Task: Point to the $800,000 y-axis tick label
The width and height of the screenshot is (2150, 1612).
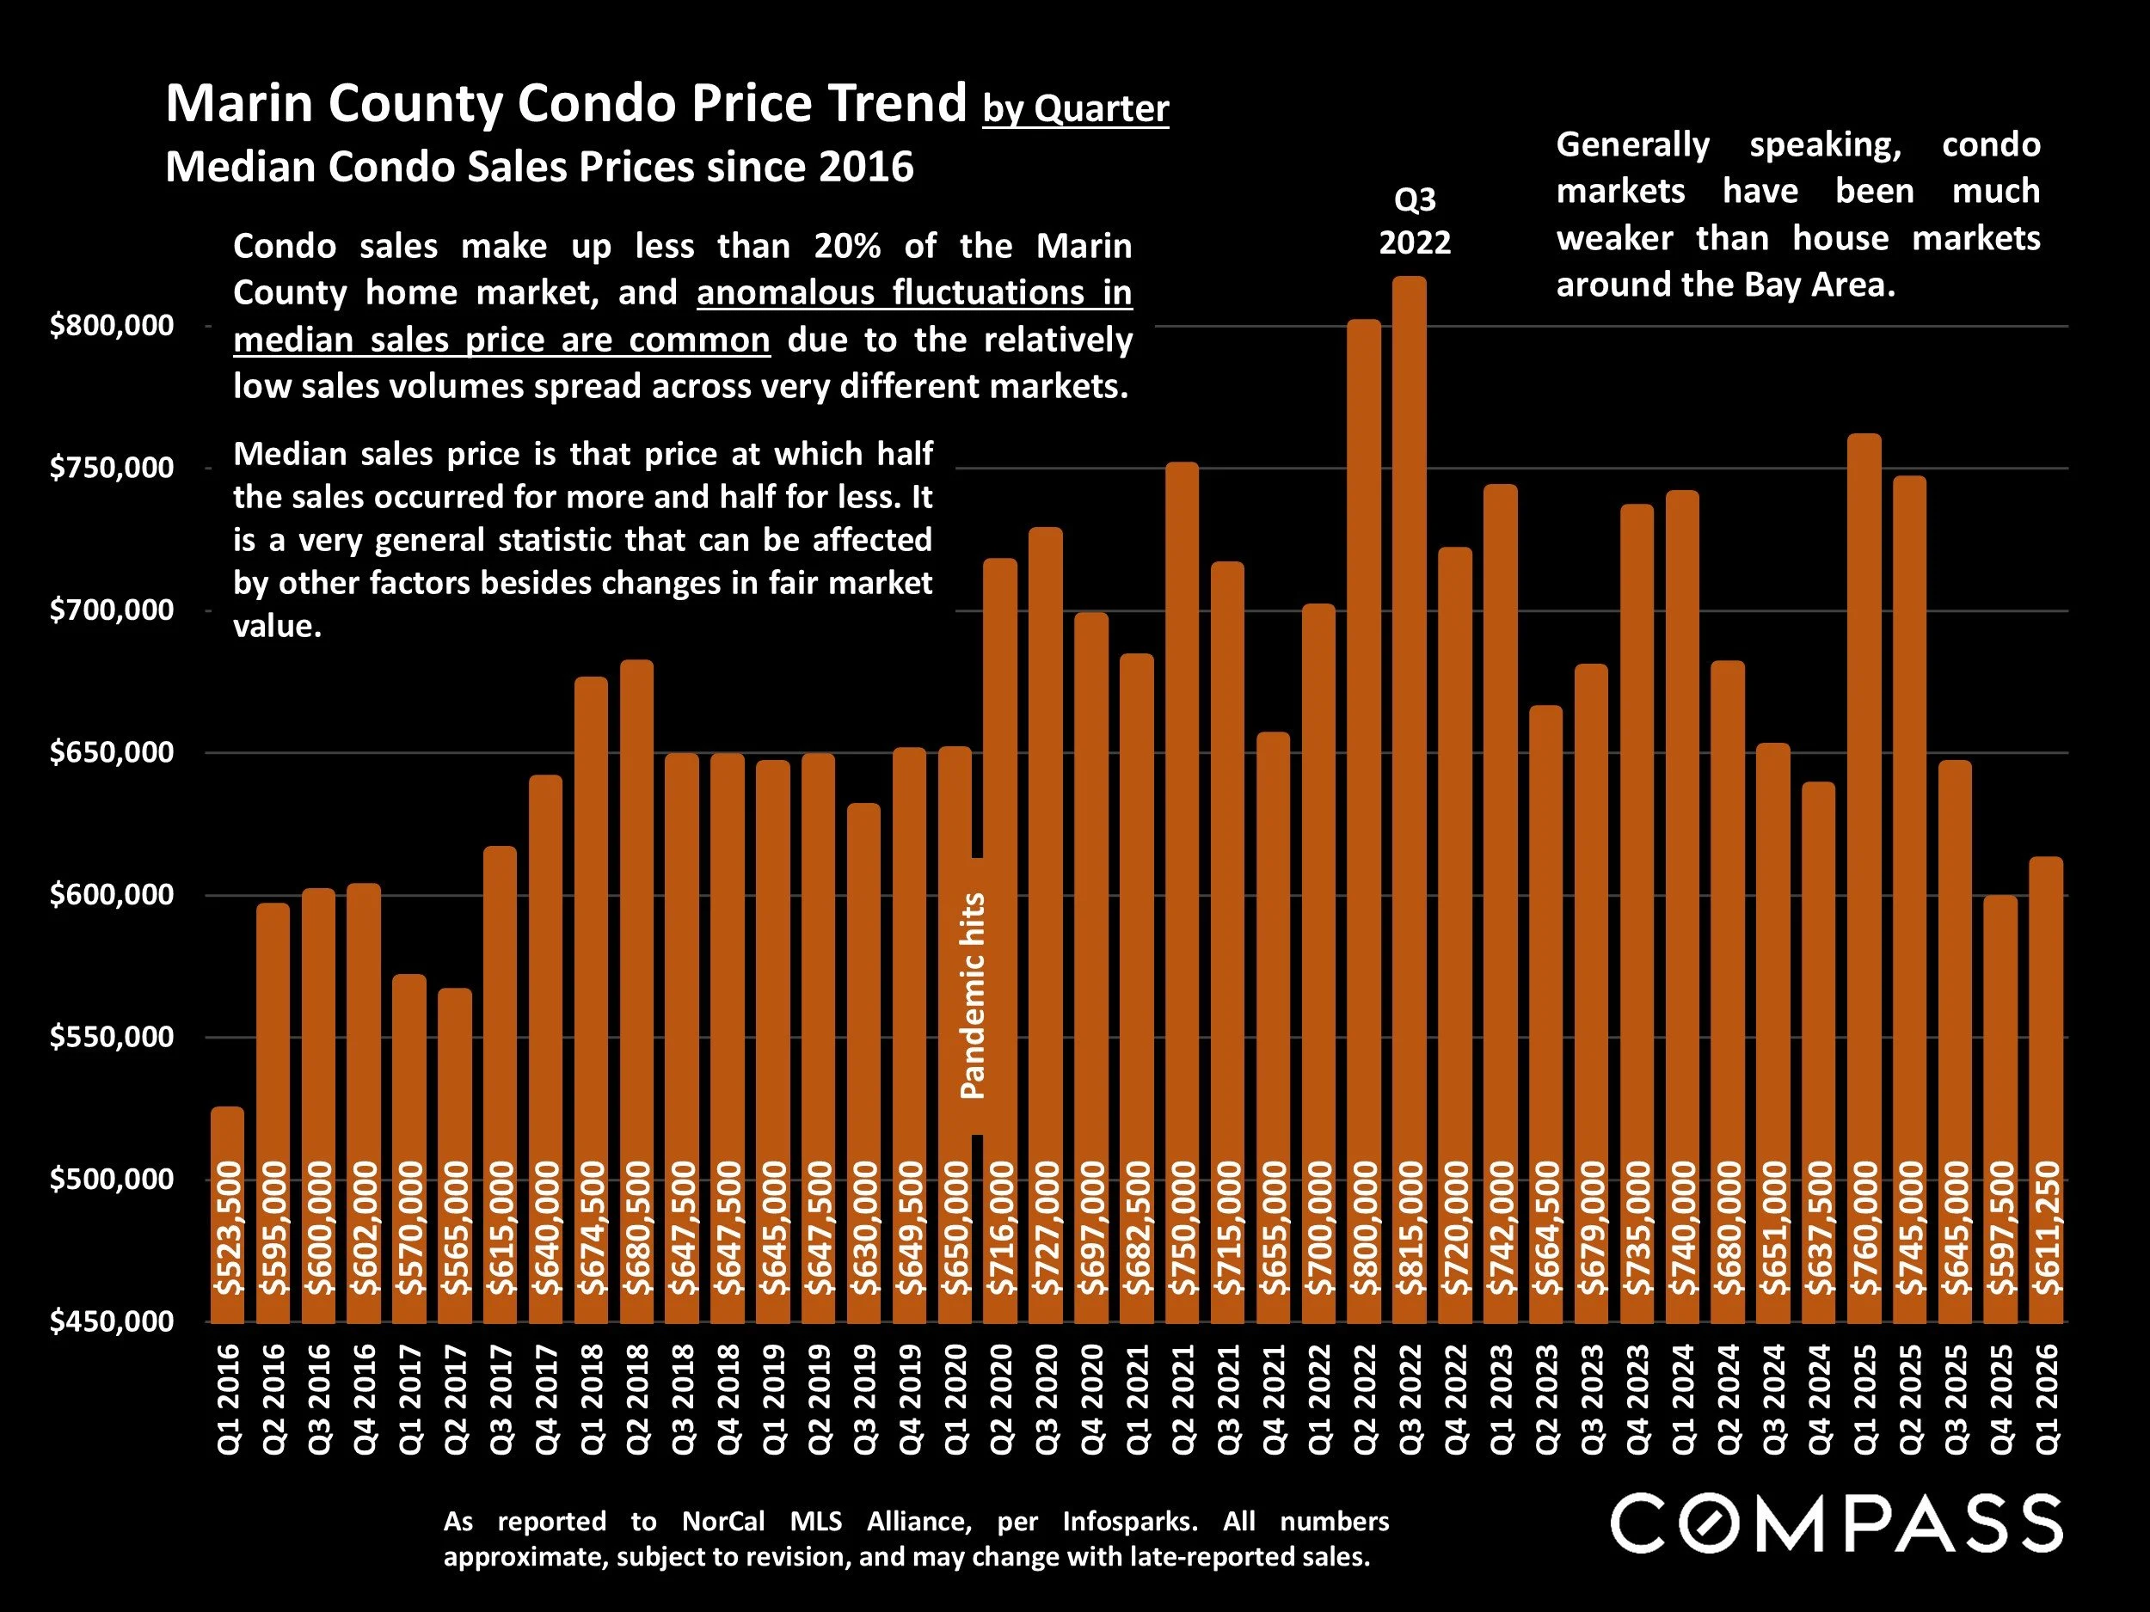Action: [x=112, y=326]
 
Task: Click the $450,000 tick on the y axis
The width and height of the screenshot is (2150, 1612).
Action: [x=112, y=1321]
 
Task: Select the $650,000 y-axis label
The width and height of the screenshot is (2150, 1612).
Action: [x=112, y=753]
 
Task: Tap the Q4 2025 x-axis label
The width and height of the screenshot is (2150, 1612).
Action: [x=2001, y=1399]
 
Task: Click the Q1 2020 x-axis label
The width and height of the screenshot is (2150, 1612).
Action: [x=955, y=1399]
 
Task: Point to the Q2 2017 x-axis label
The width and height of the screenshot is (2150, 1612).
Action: [x=455, y=1399]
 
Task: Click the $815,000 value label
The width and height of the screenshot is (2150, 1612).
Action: [x=1410, y=1229]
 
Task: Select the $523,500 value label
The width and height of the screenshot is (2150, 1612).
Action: [x=227, y=1229]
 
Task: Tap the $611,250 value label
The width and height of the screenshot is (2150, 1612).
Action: [x=2047, y=1229]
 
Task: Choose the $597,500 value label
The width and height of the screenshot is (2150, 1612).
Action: [x=2001, y=1229]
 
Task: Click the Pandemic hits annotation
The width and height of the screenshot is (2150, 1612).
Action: [x=973, y=996]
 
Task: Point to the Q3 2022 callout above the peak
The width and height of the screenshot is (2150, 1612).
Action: [x=1414, y=221]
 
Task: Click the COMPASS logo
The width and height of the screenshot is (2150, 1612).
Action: [x=1836, y=1524]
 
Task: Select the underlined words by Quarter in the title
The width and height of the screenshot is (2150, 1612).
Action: [x=1075, y=109]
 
